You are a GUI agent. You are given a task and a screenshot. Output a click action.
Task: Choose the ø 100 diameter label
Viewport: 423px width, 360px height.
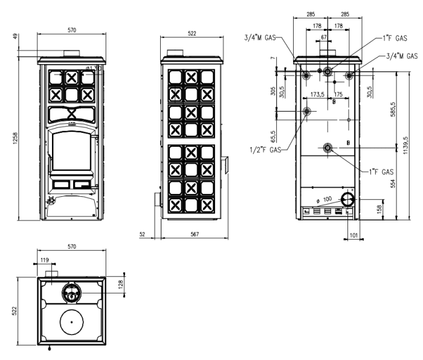pos(325,199)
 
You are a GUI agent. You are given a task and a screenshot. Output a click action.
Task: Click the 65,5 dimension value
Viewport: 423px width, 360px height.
pos(273,133)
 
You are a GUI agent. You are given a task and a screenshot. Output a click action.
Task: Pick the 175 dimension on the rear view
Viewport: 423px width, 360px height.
pos(338,95)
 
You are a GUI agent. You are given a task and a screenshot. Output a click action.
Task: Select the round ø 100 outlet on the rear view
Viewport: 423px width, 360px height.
pos(347,200)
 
